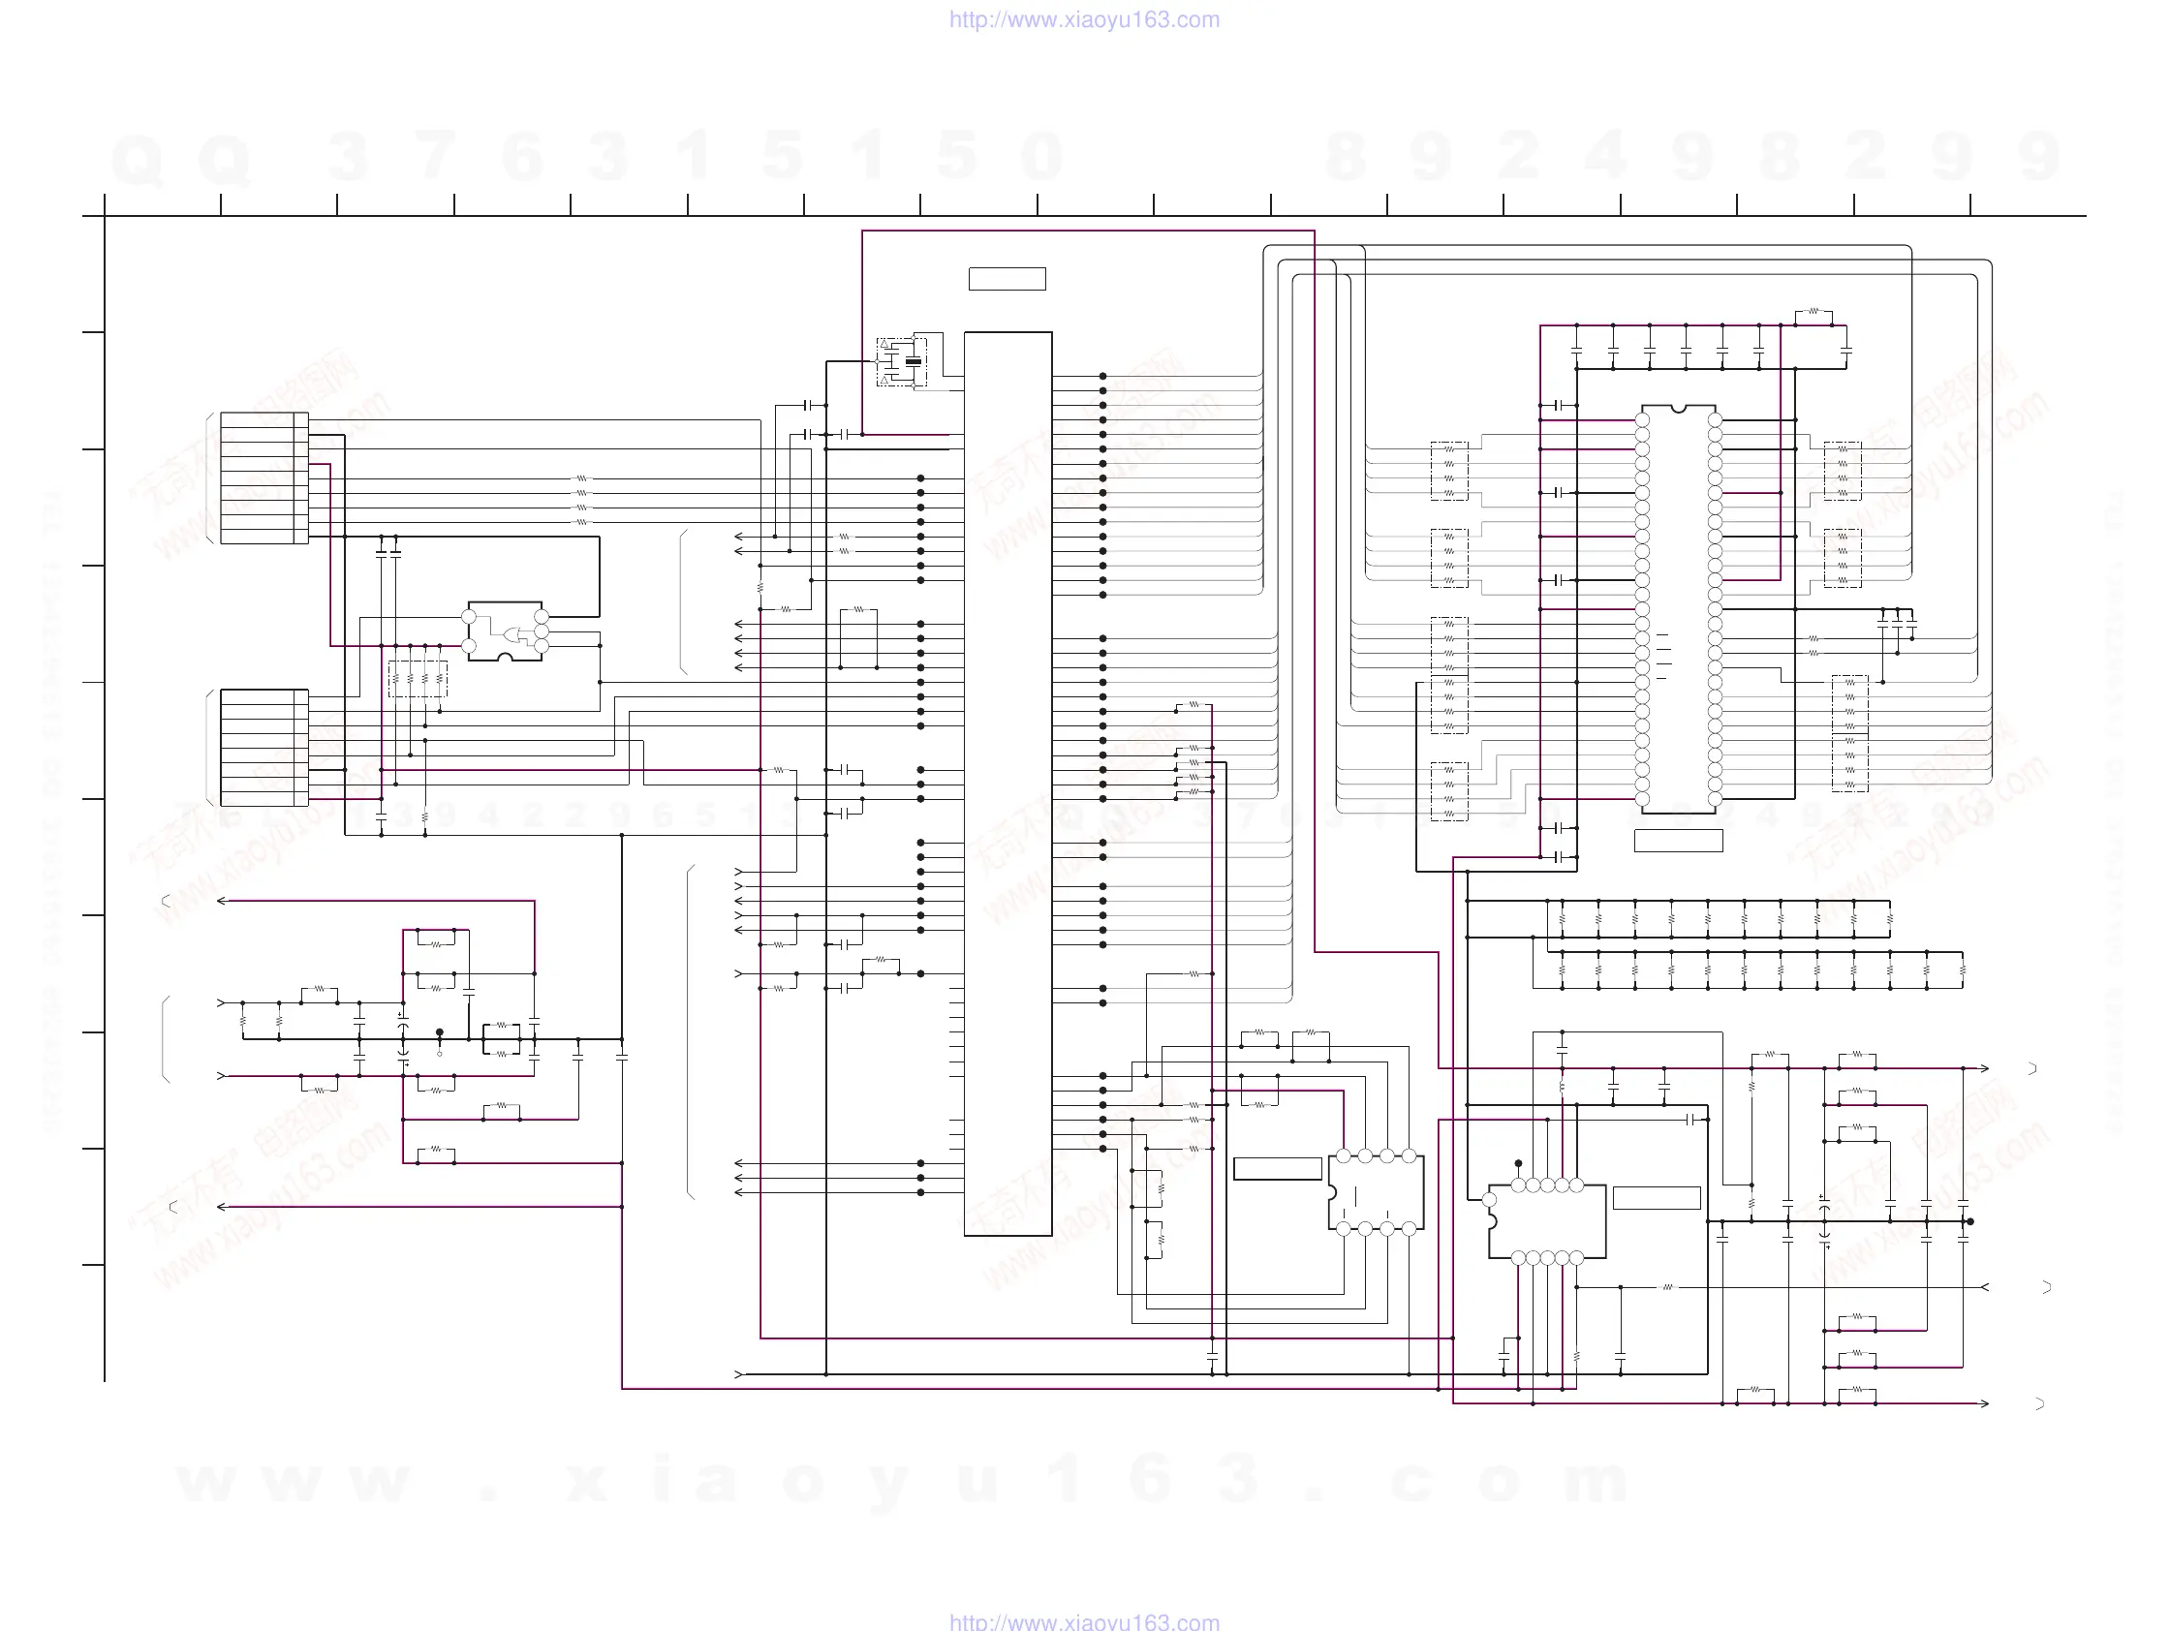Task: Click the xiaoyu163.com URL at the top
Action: [1084, 19]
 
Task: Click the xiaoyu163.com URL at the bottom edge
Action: [1084, 1621]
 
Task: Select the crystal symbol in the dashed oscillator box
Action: [914, 362]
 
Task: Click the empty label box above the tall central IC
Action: [1007, 280]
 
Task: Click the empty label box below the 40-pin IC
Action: [1679, 841]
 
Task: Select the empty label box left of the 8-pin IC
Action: [1277, 1169]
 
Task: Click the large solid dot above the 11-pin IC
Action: [1518, 1164]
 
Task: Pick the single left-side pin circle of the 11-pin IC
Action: [1489, 1199]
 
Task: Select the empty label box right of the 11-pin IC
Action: [1657, 1197]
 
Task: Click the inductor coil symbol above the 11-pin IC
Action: [1562, 1087]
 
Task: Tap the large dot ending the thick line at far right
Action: [1969, 1222]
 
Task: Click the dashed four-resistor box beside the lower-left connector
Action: [418, 679]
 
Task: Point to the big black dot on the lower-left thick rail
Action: [440, 1032]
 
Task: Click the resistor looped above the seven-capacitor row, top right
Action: [1813, 312]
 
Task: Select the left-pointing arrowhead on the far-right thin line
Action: [1985, 1288]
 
